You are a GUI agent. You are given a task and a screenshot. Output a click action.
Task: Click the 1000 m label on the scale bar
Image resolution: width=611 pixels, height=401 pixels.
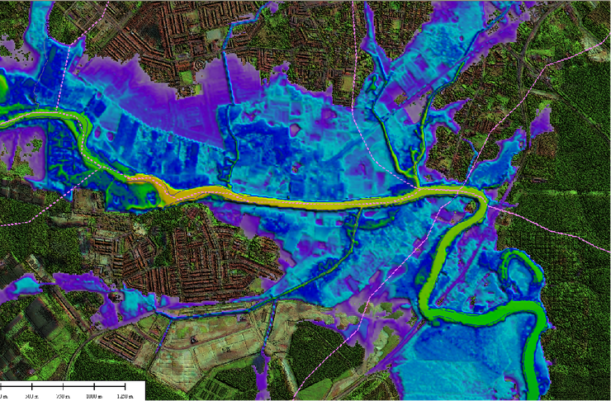[92, 396]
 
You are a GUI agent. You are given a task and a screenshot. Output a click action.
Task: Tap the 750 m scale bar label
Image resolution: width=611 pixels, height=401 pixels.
[62, 396]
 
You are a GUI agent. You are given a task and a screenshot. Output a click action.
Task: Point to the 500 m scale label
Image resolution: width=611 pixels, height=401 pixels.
[32, 396]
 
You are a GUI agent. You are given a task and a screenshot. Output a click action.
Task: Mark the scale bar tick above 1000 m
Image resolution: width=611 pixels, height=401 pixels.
[92, 385]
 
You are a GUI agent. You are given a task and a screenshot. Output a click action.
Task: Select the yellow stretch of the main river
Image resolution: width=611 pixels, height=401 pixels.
[289, 200]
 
